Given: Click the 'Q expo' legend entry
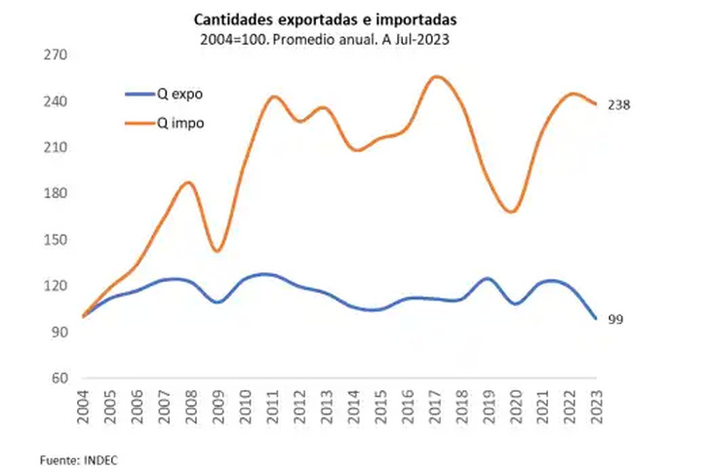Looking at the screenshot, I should [x=180, y=95].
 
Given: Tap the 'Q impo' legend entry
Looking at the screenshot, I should [x=181, y=123].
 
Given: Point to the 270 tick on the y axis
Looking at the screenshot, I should [x=55, y=56].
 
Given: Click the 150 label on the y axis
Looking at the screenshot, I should [x=55, y=240].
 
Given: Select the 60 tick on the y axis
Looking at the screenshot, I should [x=59, y=378].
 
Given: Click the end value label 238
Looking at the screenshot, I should [x=619, y=104].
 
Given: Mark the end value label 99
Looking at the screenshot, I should [x=615, y=320].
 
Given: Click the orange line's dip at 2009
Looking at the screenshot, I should [x=218, y=251].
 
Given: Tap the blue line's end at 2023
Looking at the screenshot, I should [x=596, y=318].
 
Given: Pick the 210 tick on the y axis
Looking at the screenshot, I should [x=55, y=147].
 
